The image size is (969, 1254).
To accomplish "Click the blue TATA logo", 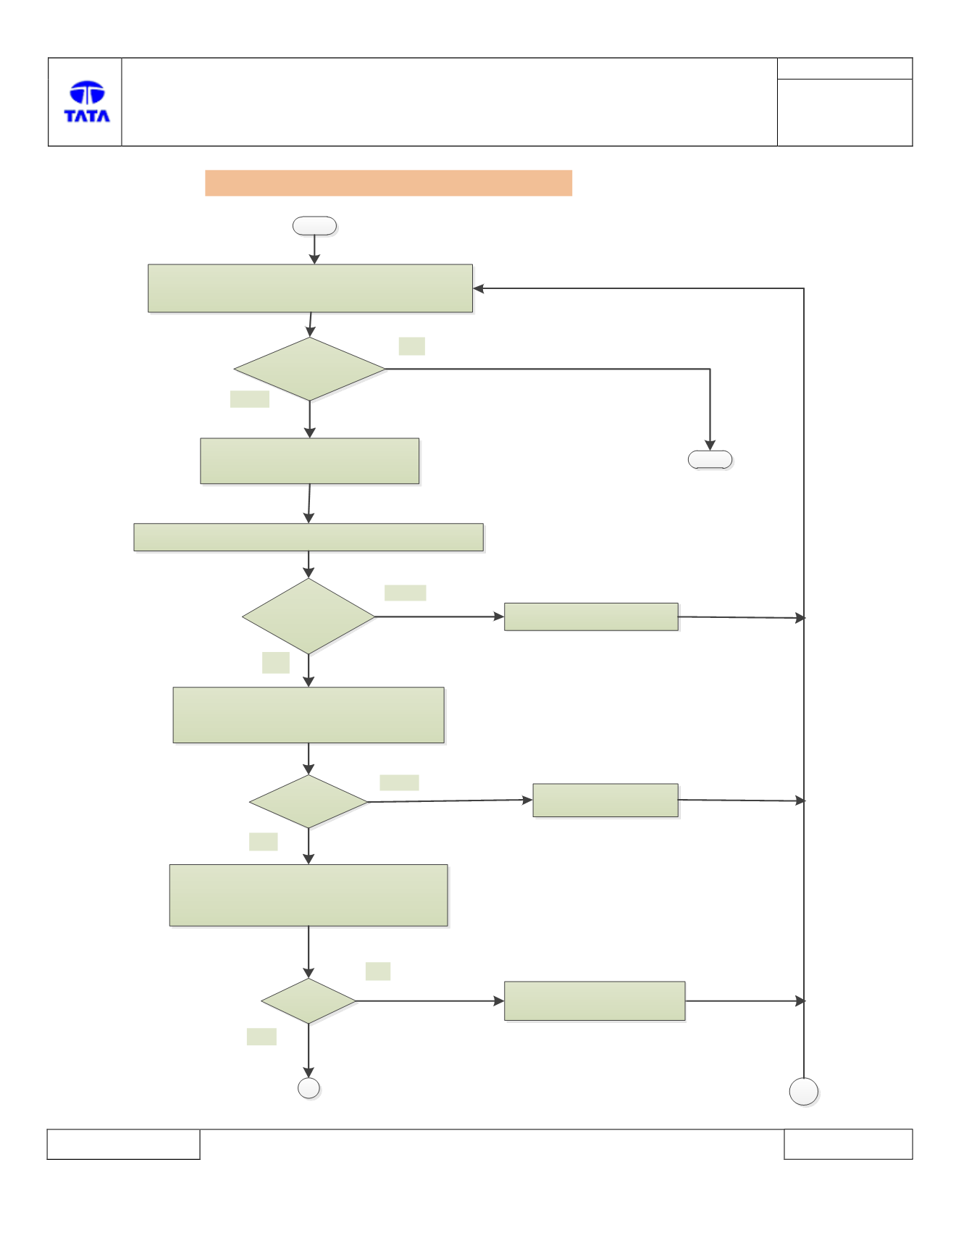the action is [87, 101].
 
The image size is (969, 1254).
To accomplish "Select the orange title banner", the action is [388, 183].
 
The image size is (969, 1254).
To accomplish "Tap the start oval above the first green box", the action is [314, 226].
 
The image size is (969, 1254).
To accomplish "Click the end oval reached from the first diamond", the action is [710, 460].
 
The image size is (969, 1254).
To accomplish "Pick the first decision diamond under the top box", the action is [310, 369].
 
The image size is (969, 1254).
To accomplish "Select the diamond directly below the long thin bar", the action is [309, 616].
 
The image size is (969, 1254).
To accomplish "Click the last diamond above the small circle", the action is [309, 1001].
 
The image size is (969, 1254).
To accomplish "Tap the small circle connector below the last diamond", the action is [309, 1088].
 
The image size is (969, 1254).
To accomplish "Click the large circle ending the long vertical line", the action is [804, 1092].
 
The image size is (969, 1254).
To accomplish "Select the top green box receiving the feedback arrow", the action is [310, 288].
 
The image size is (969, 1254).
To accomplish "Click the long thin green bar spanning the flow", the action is [309, 538].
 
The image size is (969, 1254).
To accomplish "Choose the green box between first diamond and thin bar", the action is [310, 461].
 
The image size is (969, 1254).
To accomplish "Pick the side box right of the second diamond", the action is [591, 616].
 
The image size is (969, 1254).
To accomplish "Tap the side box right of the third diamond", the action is [605, 801].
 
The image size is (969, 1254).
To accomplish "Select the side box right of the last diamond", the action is [595, 1001].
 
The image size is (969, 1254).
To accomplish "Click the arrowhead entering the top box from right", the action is [478, 288].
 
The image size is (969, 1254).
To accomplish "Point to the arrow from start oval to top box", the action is [314, 250].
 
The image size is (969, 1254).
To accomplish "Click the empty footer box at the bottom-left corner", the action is [123, 1144].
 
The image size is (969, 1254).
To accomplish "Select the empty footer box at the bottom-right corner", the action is [848, 1144].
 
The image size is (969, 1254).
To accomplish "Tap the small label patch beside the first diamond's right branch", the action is [412, 346].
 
